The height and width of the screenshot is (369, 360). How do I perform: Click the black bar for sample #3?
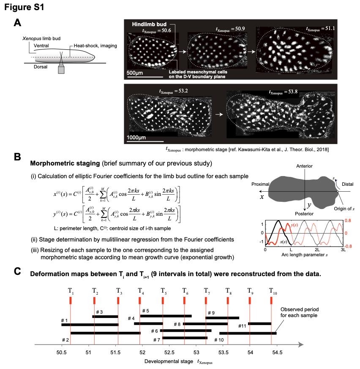click(x=105, y=317)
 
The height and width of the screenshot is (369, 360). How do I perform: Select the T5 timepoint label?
click(x=164, y=291)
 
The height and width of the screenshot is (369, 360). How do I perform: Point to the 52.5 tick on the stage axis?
click(x=169, y=352)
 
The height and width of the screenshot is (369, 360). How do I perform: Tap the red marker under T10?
click(x=271, y=301)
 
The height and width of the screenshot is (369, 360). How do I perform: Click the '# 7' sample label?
click(x=157, y=340)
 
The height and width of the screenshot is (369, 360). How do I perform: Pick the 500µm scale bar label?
click(x=135, y=73)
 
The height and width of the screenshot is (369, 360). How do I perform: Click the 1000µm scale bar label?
click(x=136, y=138)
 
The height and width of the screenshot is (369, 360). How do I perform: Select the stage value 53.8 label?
click(x=283, y=92)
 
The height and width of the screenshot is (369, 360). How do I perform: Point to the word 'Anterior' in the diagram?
click(x=304, y=166)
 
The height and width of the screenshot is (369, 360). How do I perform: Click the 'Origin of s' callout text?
click(x=344, y=209)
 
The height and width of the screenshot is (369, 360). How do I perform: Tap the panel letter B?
click(x=17, y=157)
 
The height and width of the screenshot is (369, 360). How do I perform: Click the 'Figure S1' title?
click(x=24, y=7)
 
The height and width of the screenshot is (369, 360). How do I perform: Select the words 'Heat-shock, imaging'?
click(x=95, y=46)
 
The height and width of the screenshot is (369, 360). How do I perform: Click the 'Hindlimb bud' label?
click(x=149, y=24)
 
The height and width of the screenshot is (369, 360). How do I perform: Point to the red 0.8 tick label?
click(x=348, y=220)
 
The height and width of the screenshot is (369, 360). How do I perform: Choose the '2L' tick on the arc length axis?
click(x=317, y=250)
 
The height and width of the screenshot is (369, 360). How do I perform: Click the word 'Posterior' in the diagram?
click(x=304, y=214)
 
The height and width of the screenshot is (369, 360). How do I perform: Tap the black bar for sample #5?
click(x=166, y=316)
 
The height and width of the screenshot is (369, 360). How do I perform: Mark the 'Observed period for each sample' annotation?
click(x=299, y=312)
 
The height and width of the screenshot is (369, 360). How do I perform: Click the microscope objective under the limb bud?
click(x=61, y=70)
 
